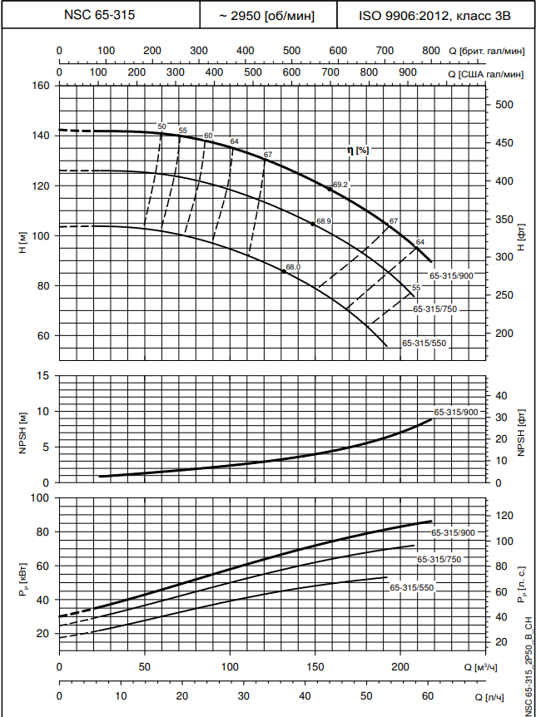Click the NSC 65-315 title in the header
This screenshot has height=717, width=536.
(x=100, y=15)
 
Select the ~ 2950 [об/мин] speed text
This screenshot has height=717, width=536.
(x=267, y=15)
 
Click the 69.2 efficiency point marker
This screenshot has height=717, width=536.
(x=330, y=189)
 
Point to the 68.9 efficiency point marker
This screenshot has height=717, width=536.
(x=313, y=224)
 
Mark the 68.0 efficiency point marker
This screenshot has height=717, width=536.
(x=284, y=271)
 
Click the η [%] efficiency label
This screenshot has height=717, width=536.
(x=358, y=151)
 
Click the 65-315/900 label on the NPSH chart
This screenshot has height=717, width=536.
(x=455, y=412)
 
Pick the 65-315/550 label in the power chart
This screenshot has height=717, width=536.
(x=412, y=587)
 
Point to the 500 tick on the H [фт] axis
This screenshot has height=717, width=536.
(x=504, y=105)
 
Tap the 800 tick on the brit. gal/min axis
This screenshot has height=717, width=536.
(x=430, y=52)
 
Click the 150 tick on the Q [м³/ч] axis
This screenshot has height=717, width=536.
(x=315, y=667)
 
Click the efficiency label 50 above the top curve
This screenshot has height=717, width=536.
(x=161, y=126)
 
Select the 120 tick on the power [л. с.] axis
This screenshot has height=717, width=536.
(x=504, y=516)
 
